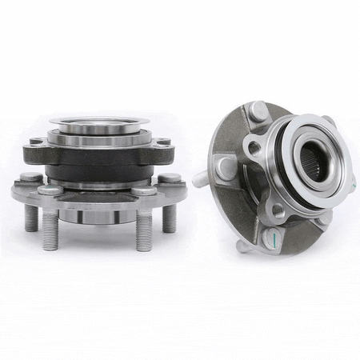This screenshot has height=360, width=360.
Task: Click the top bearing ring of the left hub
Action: [x=99, y=125]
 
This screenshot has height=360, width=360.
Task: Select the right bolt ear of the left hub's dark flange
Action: [x=163, y=145]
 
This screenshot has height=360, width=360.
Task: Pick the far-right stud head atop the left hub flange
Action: [x=170, y=177]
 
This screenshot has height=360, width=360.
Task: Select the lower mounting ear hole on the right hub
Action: [x=278, y=210]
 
